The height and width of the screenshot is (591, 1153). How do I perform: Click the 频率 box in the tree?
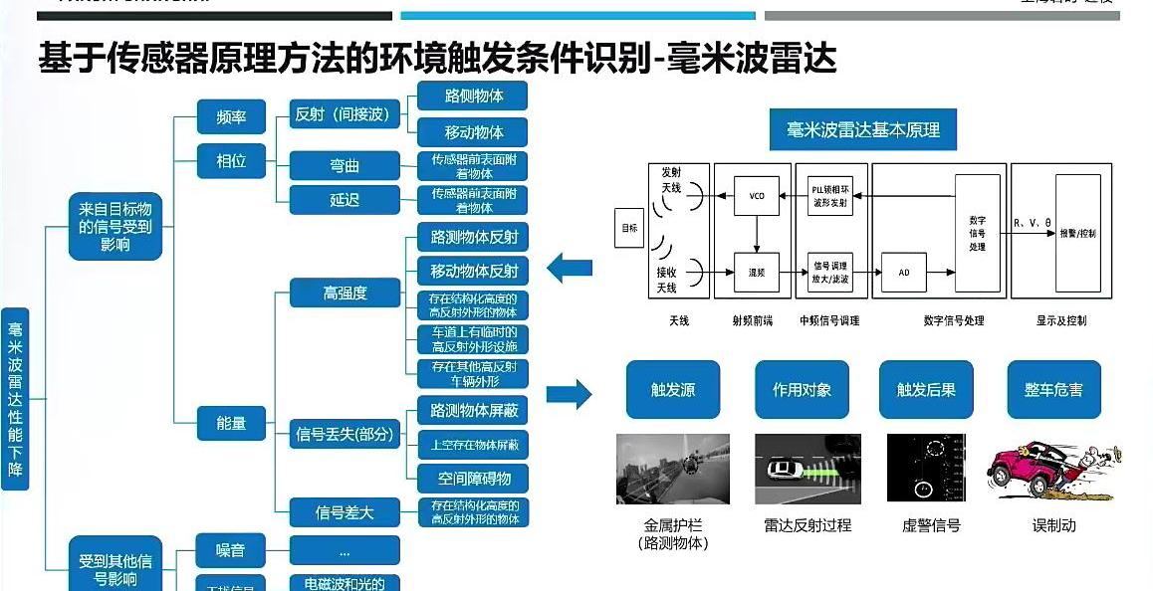coord(232,117)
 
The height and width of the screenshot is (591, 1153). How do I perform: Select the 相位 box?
coord(232,160)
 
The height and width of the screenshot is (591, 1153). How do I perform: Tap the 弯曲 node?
coord(345,166)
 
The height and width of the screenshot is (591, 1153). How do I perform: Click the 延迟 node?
coord(345,200)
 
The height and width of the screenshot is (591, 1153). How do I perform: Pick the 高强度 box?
coord(345,293)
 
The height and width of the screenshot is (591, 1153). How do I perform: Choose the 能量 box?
coord(232,423)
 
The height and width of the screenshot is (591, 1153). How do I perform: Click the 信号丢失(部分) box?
coord(345,434)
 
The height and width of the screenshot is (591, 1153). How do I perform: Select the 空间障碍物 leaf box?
coord(473,477)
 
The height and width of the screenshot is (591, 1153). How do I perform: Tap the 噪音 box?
coord(232,550)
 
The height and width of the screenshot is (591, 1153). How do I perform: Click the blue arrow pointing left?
coord(571,268)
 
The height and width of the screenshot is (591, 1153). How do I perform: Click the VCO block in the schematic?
coord(756,196)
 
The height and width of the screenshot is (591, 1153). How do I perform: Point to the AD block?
coord(904,270)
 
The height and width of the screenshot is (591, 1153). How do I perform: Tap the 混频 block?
coord(756,270)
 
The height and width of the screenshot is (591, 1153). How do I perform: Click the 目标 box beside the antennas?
coord(628,228)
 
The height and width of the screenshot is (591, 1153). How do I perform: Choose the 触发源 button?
coord(673,390)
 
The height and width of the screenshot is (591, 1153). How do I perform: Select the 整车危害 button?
coord(1054,390)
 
